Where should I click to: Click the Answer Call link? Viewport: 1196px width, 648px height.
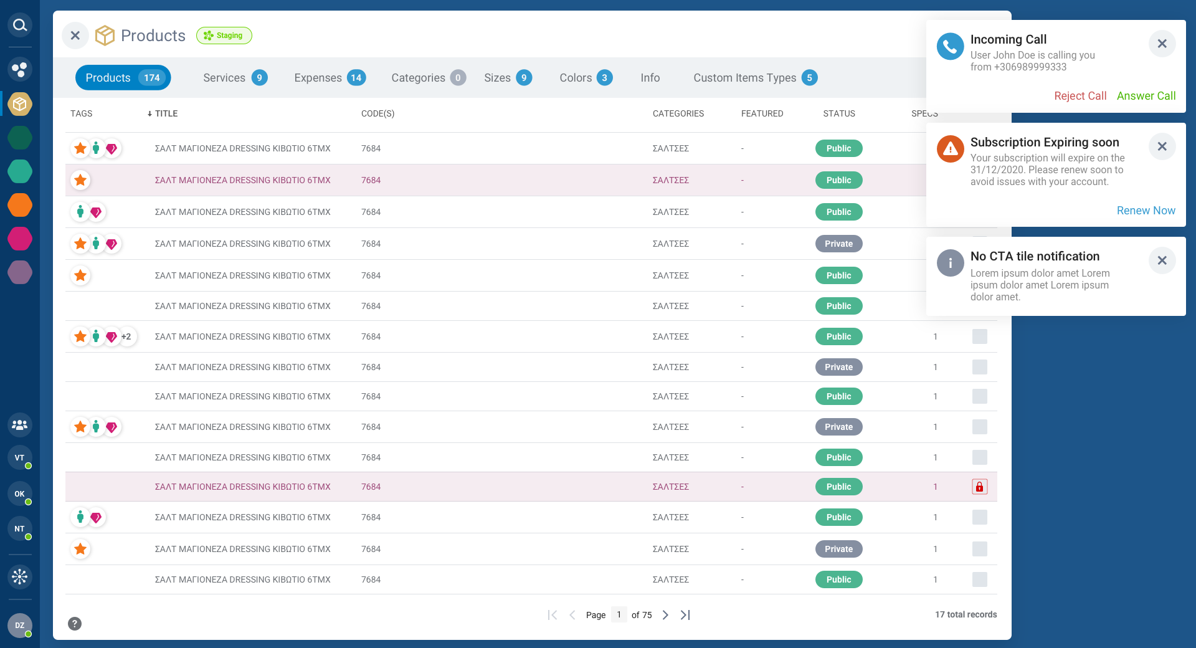point(1146,96)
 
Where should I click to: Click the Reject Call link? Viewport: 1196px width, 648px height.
point(1080,96)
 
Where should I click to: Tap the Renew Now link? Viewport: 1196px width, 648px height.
point(1146,211)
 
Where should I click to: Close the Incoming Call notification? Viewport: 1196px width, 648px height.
point(1162,44)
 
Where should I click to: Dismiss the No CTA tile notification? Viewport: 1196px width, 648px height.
point(1162,260)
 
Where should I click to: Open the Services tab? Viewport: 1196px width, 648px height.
point(235,78)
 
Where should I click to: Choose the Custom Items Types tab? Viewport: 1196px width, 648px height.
point(755,78)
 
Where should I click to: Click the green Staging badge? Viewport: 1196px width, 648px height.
point(224,36)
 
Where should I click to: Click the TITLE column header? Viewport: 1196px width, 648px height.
point(166,113)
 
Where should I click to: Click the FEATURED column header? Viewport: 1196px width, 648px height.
point(762,113)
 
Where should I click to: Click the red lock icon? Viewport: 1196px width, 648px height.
point(979,487)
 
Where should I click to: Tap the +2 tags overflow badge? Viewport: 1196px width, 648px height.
point(126,336)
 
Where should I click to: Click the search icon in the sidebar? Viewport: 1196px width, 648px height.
point(20,25)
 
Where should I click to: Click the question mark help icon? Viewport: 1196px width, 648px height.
point(75,624)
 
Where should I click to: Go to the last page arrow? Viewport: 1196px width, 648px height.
point(685,615)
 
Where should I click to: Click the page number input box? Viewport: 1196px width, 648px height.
point(619,615)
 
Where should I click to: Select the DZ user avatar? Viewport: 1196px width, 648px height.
point(20,625)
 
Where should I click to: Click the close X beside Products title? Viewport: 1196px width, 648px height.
point(75,36)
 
